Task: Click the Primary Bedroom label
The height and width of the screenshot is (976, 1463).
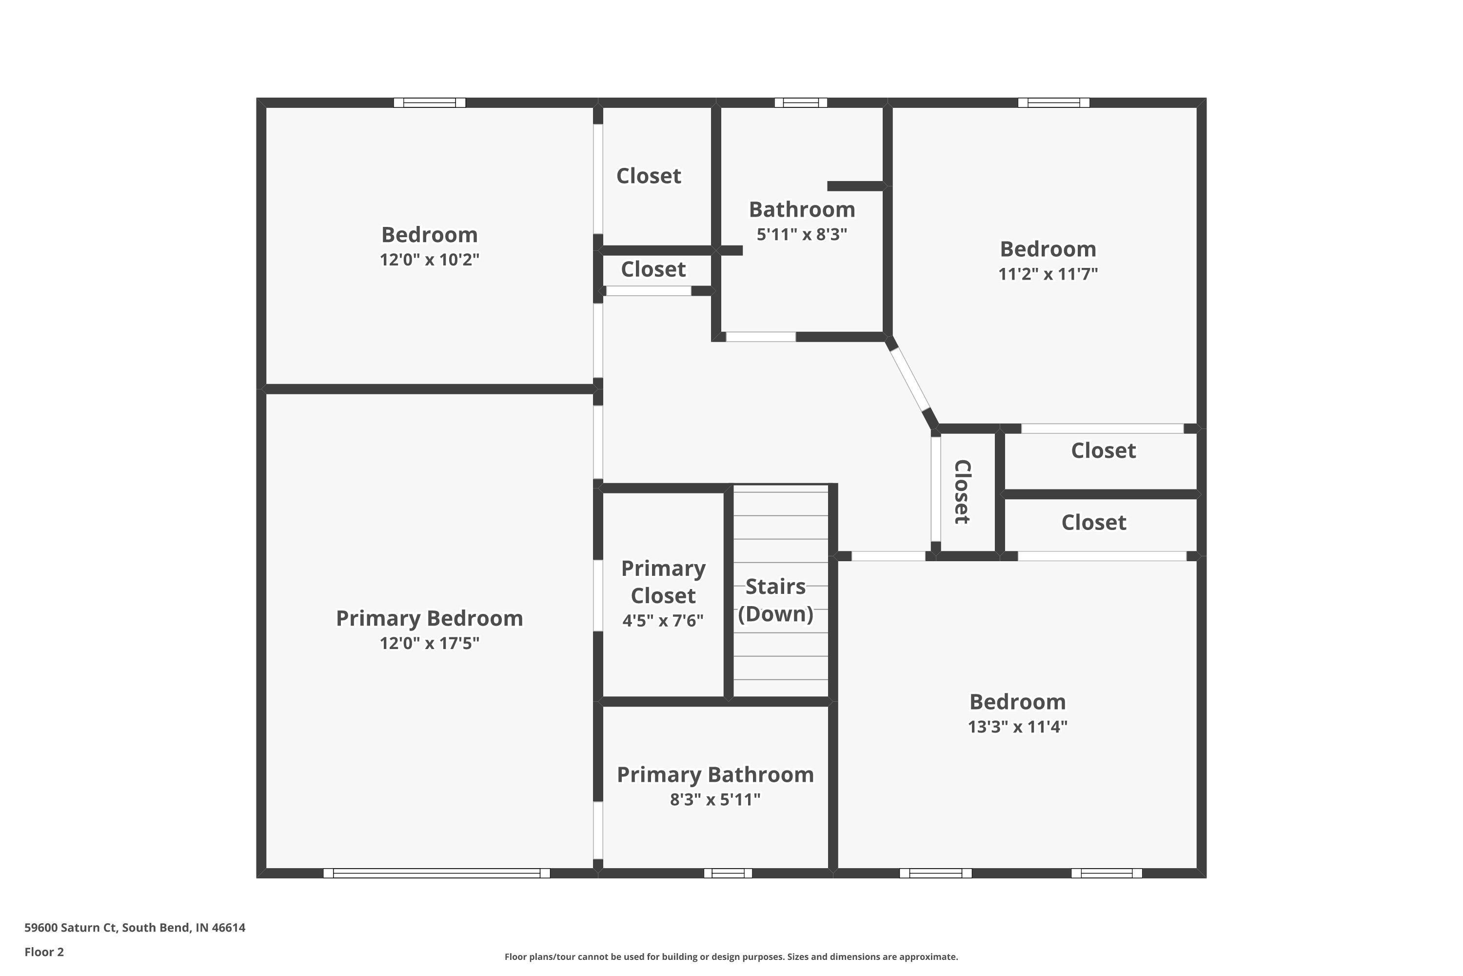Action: tap(429, 618)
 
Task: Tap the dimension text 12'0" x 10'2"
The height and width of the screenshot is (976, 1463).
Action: tap(429, 260)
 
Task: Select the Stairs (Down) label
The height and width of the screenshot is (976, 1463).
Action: tap(776, 600)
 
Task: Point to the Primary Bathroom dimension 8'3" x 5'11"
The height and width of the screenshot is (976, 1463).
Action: tap(715, 799)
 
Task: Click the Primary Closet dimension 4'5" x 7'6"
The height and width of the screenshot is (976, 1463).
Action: tap(663, 621)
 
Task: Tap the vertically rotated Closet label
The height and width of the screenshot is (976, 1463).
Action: tap(962, 492)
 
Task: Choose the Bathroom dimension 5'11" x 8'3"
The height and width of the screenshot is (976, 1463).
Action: tap(802, 235)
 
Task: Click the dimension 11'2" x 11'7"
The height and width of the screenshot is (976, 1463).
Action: tap(1048, 274)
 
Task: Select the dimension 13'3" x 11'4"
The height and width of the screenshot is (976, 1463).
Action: tap(1018, 727)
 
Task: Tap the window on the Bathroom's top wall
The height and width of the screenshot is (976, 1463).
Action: tap(801, 102)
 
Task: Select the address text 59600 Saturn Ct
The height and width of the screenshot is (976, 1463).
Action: tap(70, 928)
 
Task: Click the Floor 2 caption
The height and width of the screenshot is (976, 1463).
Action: tap(44, 952)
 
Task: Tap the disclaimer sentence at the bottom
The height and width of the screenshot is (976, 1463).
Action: tap(731, 956)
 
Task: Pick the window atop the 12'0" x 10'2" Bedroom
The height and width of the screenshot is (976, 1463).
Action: tap(430, 102)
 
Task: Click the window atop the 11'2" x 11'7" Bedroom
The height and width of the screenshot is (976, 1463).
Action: tap(1054, 102)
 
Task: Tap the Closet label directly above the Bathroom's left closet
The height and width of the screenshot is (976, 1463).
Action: tap(649, 176)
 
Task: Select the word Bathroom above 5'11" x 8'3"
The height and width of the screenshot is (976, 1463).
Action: tap(802, 210)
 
